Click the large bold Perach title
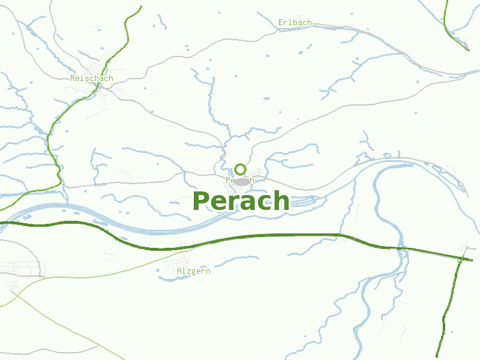pyautogui.click(x=241, y=201)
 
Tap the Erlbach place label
pyautogui.click(x=295, y=23)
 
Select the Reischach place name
pyautogui.click(x=91, y=79)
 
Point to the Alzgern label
pyautogui.click(x=193, y=271)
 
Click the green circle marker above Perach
pyautogui.click(x=240, y=169)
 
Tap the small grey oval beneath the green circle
pyautogui.click(x=242, y=181)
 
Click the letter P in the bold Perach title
pyautogui.click(x=202, y=201)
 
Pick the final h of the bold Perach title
pyautogui.click(x=281, y=200)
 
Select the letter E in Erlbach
pyautogui.click(x=280, y=23)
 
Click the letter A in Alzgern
pyautogui.click(x=179, y=271)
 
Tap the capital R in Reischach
pyautogui.click(x=73, y=79)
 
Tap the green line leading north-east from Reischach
pyautogui.click(x=127, y=30)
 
